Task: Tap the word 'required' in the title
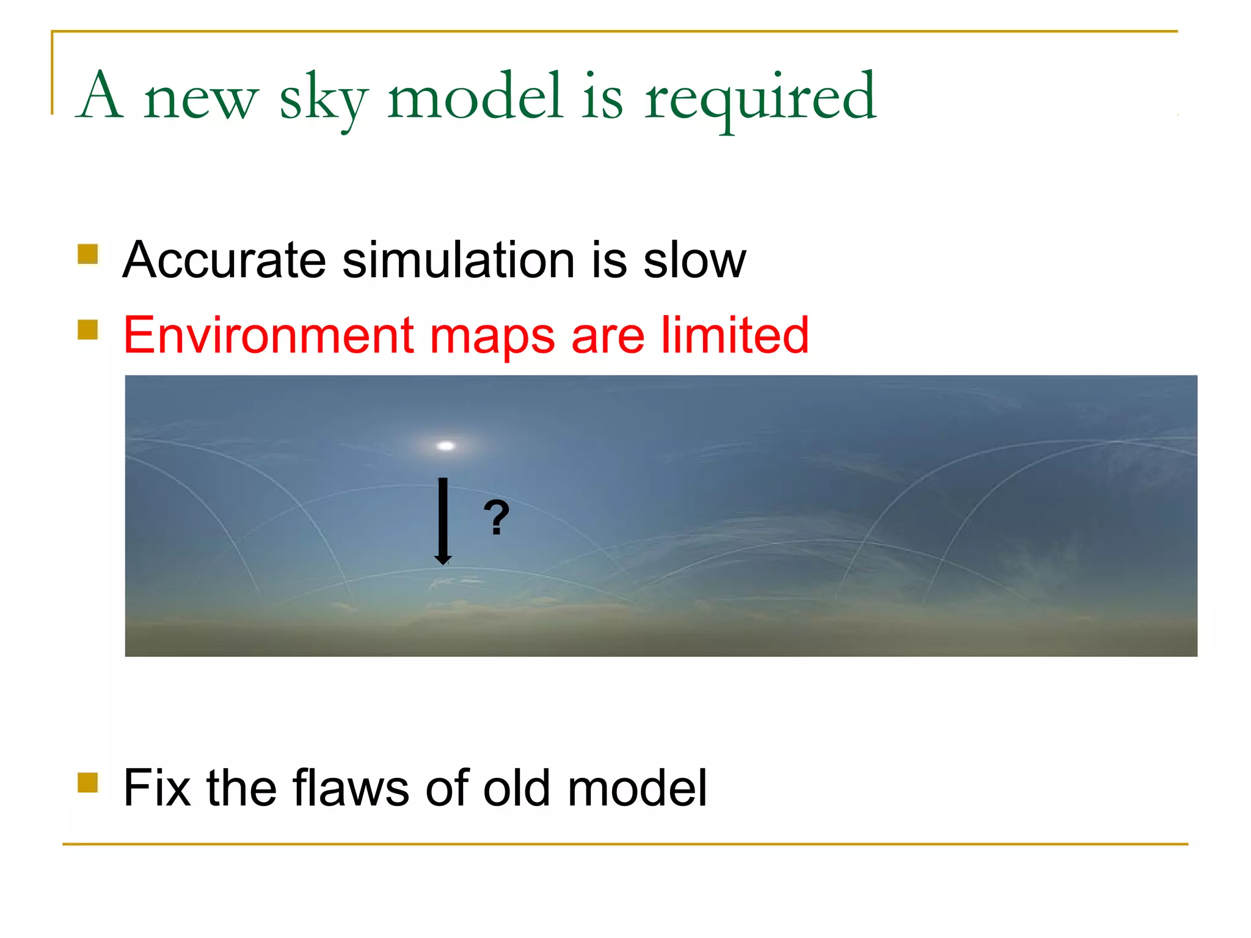click(x=760, y=98)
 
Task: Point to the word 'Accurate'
click(x=224, y=260)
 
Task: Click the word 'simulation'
click(x=458, y=260)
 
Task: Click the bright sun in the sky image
click(x=446, y=446)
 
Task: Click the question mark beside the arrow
click(x=497, y=517)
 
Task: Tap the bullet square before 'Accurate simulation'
click(x=88, y=254)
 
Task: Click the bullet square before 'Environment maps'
click(x=88, y=330)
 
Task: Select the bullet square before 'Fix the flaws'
click(x=88, y=782)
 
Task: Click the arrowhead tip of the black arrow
click(x=443, y=562)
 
